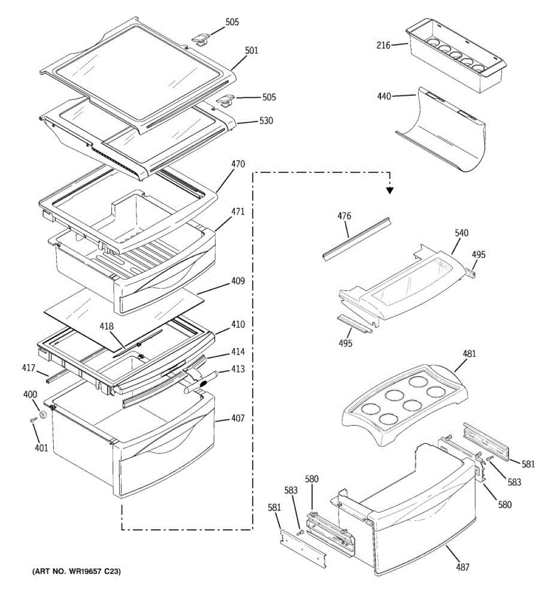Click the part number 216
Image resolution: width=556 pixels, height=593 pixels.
[383, 45]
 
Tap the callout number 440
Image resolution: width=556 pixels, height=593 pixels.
[384, 96]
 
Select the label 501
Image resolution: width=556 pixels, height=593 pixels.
[252, 50]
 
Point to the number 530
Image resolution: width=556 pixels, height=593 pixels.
[266, 121]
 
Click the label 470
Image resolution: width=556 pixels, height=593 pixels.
[238, 164]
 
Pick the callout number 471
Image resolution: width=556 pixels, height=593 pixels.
[238, 212]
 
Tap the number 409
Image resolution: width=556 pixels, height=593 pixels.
[238, 282]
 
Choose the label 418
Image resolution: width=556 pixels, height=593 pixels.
[106, 326]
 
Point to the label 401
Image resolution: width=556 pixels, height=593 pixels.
[42, 448]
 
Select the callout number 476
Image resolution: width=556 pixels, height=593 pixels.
[344, 216]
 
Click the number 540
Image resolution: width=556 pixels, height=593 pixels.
[462, 233]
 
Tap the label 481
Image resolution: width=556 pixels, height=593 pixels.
[469, 354]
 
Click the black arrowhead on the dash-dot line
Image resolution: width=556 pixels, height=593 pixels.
[390, 190]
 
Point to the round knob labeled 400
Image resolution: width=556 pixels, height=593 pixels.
[43, 414]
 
